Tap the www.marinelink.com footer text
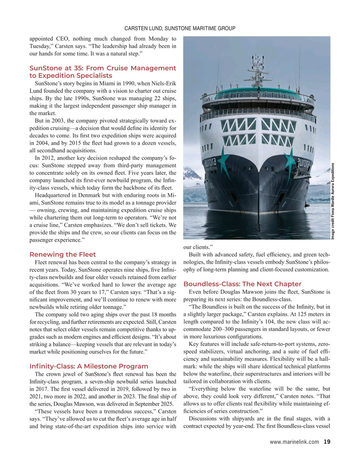point(295,442)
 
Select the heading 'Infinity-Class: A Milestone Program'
point(89,366)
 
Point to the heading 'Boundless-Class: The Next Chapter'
point(243,284)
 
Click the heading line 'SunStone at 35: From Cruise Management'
point(103,68)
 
